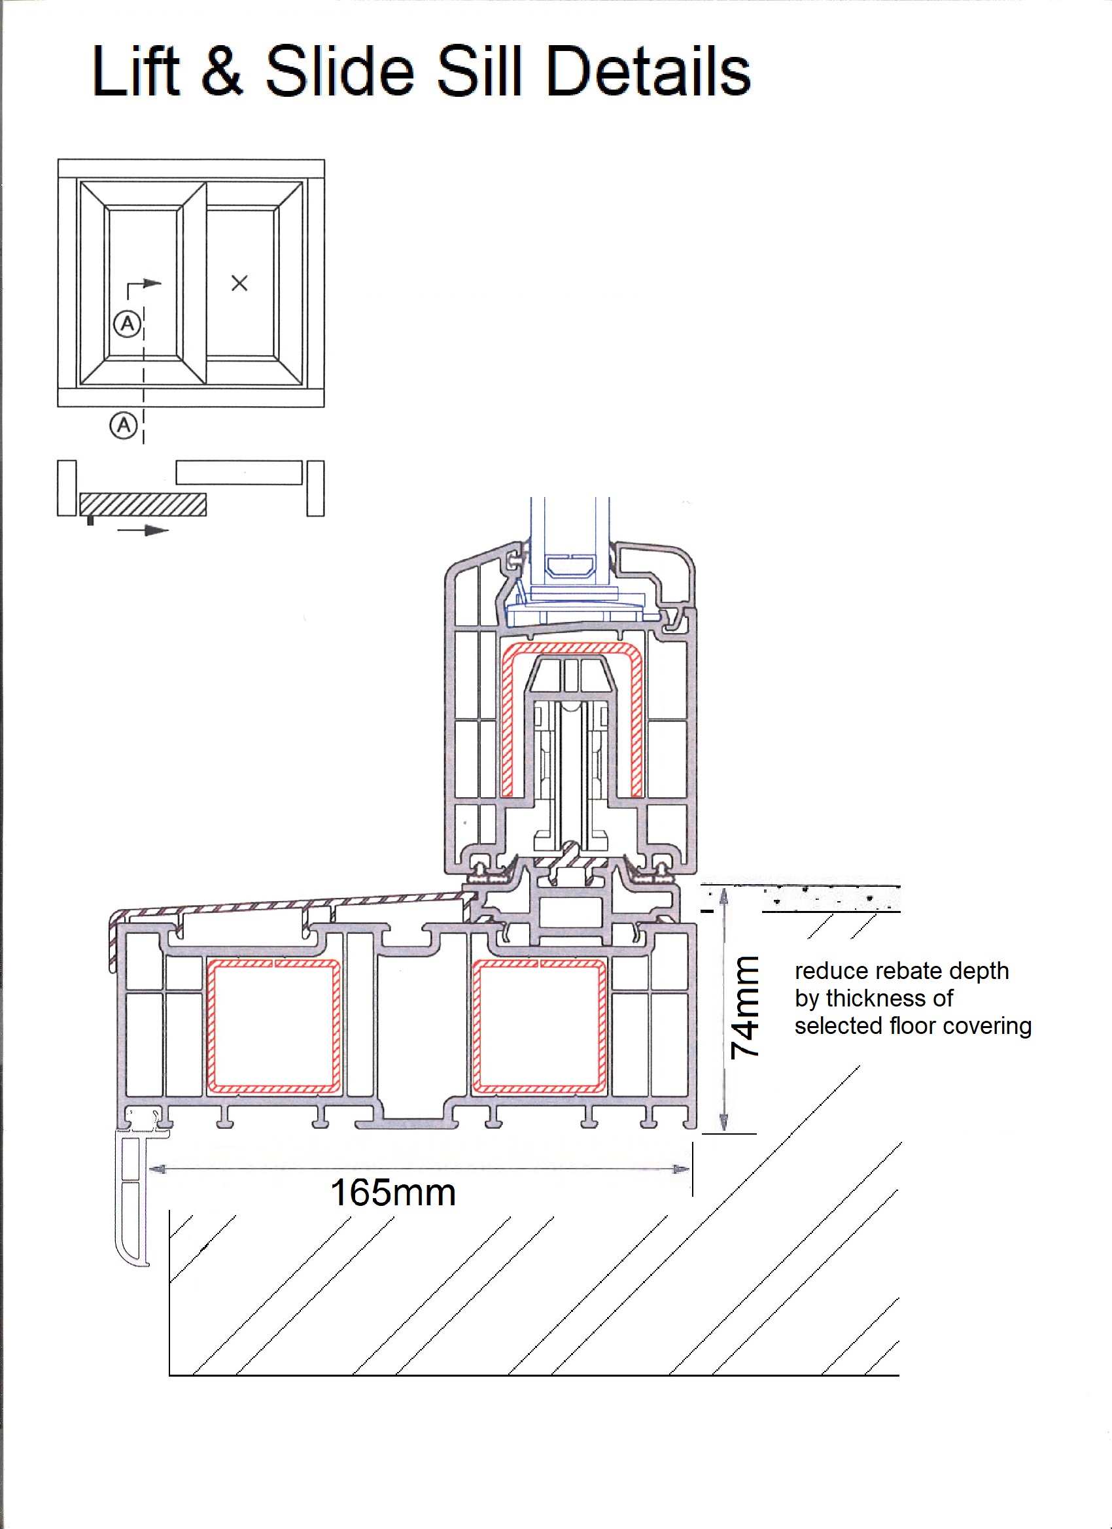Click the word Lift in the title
(x=135, y=71)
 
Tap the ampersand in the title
(x=221, y=71)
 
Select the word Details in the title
(x=648, y=71)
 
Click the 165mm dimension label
(x=393, y=1193)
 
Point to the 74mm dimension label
(x=745, y=1006)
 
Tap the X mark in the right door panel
(x=239, y=283)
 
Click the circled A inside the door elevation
(x=127, y=324)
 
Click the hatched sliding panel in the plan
(x=143, y=504)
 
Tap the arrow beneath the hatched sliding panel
(x=143, y=530)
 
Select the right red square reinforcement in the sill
(x=540, y=1025)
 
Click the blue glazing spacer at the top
(x=570, y=566)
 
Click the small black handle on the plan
(x=90, y=521)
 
